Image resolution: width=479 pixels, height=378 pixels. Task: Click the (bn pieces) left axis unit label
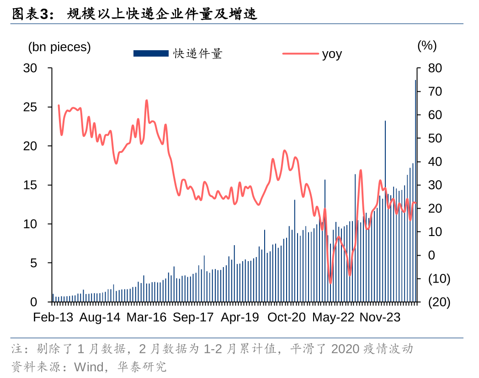59,47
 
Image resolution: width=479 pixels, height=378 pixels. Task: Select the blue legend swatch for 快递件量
151,53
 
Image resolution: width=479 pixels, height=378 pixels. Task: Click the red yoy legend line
300,53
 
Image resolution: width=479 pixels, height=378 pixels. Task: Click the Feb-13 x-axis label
53,317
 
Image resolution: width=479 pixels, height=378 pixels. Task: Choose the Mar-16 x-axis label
146,317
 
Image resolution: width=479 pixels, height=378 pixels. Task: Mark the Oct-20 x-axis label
287,317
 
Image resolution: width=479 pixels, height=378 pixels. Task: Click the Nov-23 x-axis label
380,317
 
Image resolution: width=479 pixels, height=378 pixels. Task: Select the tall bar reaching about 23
385,205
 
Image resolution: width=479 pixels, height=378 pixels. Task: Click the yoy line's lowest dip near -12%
330,283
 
